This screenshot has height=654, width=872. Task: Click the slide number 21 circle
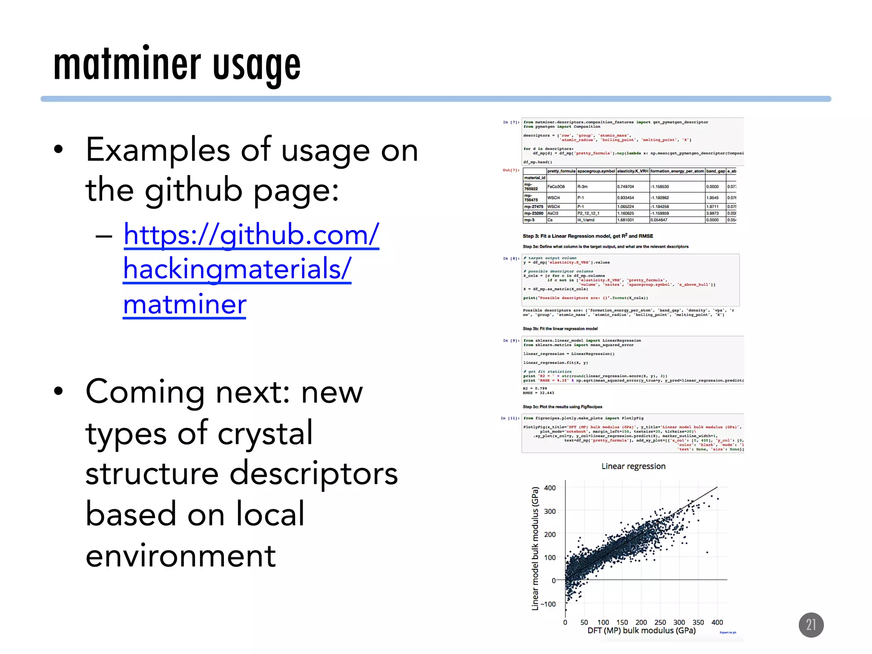tap(811, 625)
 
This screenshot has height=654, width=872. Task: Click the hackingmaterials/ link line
tap(237, 269)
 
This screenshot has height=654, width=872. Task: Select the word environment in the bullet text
tap(181, 556)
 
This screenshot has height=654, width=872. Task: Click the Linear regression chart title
tap(633, 466)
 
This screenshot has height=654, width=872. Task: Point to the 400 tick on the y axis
tap(550, 488)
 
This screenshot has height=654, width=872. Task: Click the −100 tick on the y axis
tap(548, 604)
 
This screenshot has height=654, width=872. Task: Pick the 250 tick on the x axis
tap(660, 622)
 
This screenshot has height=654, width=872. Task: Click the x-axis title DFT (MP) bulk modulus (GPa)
tap(641, 631)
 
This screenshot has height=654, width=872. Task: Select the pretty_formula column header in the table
tap(561, 171)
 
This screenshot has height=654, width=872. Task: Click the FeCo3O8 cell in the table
tap(556, 186)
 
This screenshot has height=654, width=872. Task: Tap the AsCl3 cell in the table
tap(553, 213)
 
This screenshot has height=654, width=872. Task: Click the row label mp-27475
tap(534, 207)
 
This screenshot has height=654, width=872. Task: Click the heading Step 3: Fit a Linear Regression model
tap(588, 236)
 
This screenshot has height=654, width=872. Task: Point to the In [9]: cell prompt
tap(511, 341)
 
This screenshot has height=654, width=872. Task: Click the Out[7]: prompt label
tap(511, 170)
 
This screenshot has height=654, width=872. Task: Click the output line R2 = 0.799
tap(535, 388)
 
